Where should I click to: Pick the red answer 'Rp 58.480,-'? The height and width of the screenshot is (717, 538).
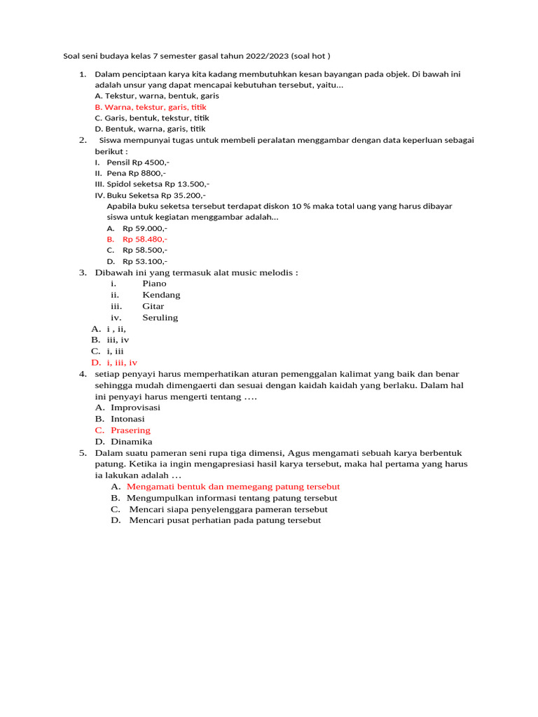coord(145,239)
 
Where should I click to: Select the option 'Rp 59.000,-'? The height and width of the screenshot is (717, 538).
coord(145,228)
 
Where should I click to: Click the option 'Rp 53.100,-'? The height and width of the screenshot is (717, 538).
coord(145,261)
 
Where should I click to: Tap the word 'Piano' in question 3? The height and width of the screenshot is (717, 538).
coord(154,284)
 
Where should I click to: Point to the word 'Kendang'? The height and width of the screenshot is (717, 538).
coord(161,295)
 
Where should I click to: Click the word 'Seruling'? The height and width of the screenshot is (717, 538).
coord(160,317)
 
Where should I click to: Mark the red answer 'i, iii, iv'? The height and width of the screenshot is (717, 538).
coord(122,363)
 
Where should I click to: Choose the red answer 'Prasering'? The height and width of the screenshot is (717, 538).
coord(130,430)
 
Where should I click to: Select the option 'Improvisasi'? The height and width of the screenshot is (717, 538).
coord(135,408)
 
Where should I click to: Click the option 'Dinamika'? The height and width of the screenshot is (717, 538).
coord(131,442)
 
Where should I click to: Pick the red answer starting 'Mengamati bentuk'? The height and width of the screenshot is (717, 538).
coord(233,487)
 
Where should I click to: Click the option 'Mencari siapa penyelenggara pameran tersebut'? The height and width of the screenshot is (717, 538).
coord(228,509)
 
